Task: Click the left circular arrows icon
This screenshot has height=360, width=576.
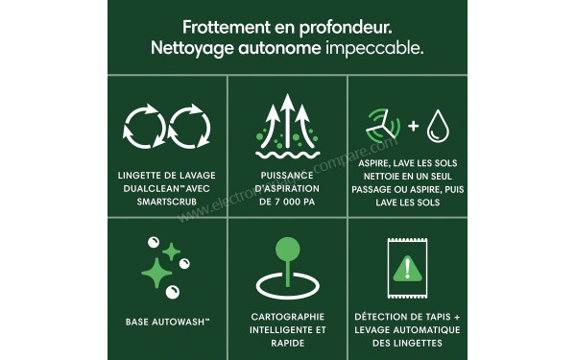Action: coord(144,128)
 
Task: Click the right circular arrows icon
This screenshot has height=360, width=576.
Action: coord(191,128)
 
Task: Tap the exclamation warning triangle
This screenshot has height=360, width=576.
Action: coord(407,268)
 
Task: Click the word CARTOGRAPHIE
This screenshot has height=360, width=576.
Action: coord(288,316)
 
